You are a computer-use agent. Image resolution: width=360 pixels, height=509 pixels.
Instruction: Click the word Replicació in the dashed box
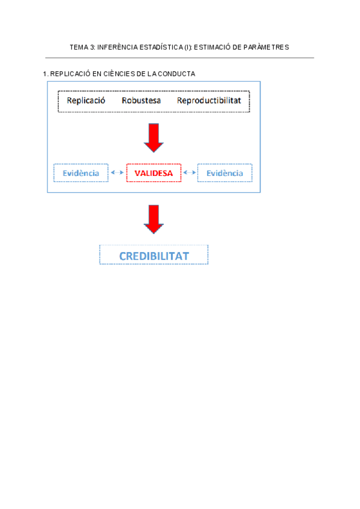(86, 101)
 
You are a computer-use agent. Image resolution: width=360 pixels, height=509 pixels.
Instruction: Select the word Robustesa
(141, 101)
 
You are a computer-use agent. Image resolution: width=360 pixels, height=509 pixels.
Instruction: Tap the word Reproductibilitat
(209, 101)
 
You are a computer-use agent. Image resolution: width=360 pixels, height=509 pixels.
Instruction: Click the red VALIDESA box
(154, 173)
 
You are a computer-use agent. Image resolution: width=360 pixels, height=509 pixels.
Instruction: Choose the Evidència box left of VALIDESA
(81, 173)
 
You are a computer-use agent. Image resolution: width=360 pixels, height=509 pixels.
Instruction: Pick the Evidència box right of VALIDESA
(224, 173)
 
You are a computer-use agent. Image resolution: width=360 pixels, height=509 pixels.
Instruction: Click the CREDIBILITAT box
(154, 256)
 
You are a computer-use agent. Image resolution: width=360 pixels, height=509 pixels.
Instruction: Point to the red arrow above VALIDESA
(154, 137)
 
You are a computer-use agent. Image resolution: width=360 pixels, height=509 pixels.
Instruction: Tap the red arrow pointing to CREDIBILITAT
(154, 219)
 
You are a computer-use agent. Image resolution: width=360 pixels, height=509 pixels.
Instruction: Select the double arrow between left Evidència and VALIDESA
(118, 173)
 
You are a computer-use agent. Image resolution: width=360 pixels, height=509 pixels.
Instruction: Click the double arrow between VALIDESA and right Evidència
(190, 173)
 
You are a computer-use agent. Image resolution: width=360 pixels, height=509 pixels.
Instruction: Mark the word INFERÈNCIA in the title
(118, 47)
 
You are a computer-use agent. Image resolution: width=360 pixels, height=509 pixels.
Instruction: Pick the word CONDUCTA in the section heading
(178, 74)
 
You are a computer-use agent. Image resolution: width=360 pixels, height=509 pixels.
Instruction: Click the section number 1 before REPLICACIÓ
(45, 74)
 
